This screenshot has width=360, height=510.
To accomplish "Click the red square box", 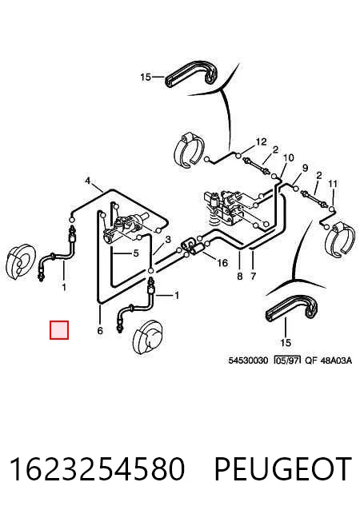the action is point(59,330).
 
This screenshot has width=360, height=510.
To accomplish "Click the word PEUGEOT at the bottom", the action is point(283,468).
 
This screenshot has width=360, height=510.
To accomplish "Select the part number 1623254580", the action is point(98,468).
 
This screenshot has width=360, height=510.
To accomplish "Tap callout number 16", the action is point(222,262).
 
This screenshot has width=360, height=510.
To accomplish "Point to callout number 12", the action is point(261,141).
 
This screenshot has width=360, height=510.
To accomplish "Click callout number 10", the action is point(288,158).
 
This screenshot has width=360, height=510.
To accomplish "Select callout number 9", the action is point(305,168).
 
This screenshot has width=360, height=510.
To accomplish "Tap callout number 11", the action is point(333,185).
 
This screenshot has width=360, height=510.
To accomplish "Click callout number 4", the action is point(87,181).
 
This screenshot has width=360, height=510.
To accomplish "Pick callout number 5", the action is point(136,253).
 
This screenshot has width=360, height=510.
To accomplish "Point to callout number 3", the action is point(168,240).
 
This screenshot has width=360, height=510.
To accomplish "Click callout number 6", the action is point(100,330).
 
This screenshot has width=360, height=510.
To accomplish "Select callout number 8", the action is point(240,276).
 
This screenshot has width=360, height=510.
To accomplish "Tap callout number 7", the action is point(254,276).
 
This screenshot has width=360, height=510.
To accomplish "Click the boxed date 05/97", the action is point(287,361).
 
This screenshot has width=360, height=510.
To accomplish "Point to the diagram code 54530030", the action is point(248,361).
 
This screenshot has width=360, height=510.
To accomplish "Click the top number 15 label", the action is point(146,77).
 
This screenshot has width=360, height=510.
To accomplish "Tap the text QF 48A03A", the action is point(329,361).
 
